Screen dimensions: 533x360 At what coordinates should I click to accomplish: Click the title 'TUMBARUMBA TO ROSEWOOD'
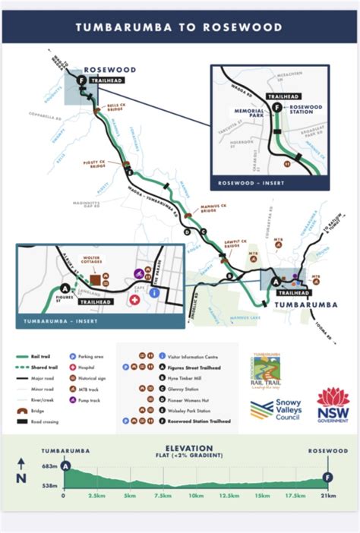click(179, 27)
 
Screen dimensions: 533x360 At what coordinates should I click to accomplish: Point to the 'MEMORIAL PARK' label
click(249, 113)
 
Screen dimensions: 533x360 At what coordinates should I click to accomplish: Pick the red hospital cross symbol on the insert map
click(135, 301)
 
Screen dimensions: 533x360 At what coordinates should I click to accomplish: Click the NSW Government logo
click(332, 405)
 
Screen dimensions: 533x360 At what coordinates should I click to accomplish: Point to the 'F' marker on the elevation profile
click(327, 477)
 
